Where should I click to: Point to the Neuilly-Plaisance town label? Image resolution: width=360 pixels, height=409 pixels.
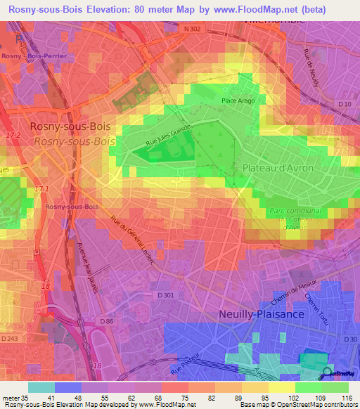pyautogui.click(x=261, y=314)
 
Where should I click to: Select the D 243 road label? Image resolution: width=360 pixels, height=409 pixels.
pyautogui.click(x=10, y=339)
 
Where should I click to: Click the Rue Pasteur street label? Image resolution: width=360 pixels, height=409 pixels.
pyautogui.click(x=186, y=366)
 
